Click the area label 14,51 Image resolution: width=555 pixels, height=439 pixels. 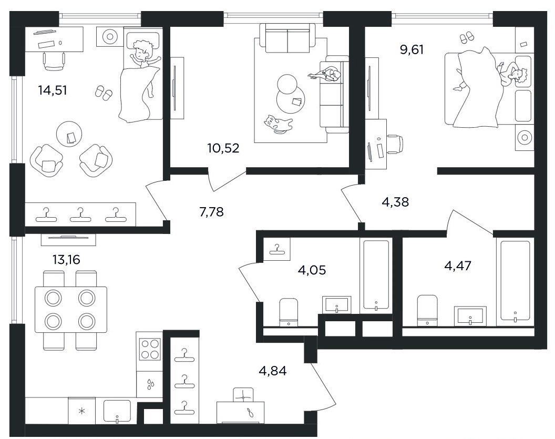[x=53, y=90]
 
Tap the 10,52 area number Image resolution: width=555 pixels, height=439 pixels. [x=223, y=148]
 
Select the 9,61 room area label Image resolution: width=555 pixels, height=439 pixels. [x=412, y=49]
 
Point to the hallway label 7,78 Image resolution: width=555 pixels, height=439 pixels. [x=211, y=212]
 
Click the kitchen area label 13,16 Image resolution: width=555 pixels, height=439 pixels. [x=66, y=260]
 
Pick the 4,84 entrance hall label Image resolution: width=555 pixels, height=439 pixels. [x=273, y=371]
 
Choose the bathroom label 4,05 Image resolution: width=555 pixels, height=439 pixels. [x=312, y=270]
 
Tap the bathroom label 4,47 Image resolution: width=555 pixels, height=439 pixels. [x=458, y=265]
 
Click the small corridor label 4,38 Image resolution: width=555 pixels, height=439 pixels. [x=395, y=202]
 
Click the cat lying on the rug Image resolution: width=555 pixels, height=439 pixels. [x=278, y=124]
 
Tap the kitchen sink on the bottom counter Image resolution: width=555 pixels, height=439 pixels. [x=117, y=411]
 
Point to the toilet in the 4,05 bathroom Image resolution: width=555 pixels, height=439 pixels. [x=289, y=312]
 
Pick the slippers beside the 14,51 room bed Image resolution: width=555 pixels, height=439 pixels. [x=104, y=92]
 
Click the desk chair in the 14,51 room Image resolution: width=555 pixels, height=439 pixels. [x=54, y=61]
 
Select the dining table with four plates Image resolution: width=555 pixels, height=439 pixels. [x=71, y=310]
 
